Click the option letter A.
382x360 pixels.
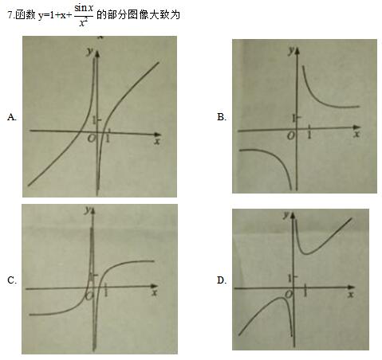click(x=12, y=117)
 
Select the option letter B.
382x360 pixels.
click(x=222, y=117)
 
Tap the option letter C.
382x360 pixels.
click(x=12, y=280)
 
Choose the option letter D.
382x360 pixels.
click(x=222, y=280)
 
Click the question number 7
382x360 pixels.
click(x=10, y=15)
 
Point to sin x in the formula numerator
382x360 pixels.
click(x=84, y=8)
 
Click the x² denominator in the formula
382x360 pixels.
click(x=84, y=23)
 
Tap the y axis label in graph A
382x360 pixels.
click(x=90, y=51)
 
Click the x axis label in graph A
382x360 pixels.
click(x=157, y=141)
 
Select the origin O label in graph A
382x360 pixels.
click(x=91, y=138)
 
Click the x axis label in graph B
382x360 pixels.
click(x=356, y=134)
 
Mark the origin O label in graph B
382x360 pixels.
click(x=291, y=136)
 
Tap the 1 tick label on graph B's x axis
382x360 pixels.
click(x=309, y=135)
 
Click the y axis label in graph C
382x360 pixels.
click(x=88, y=210)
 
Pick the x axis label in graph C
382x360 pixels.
click(x=154, y=293)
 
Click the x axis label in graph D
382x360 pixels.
click(x=351, y=295)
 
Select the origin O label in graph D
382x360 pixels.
click(x=289, y=294)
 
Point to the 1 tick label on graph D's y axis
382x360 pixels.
click(x=289, y=278)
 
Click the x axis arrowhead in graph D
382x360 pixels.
click(x=352, y=288)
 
